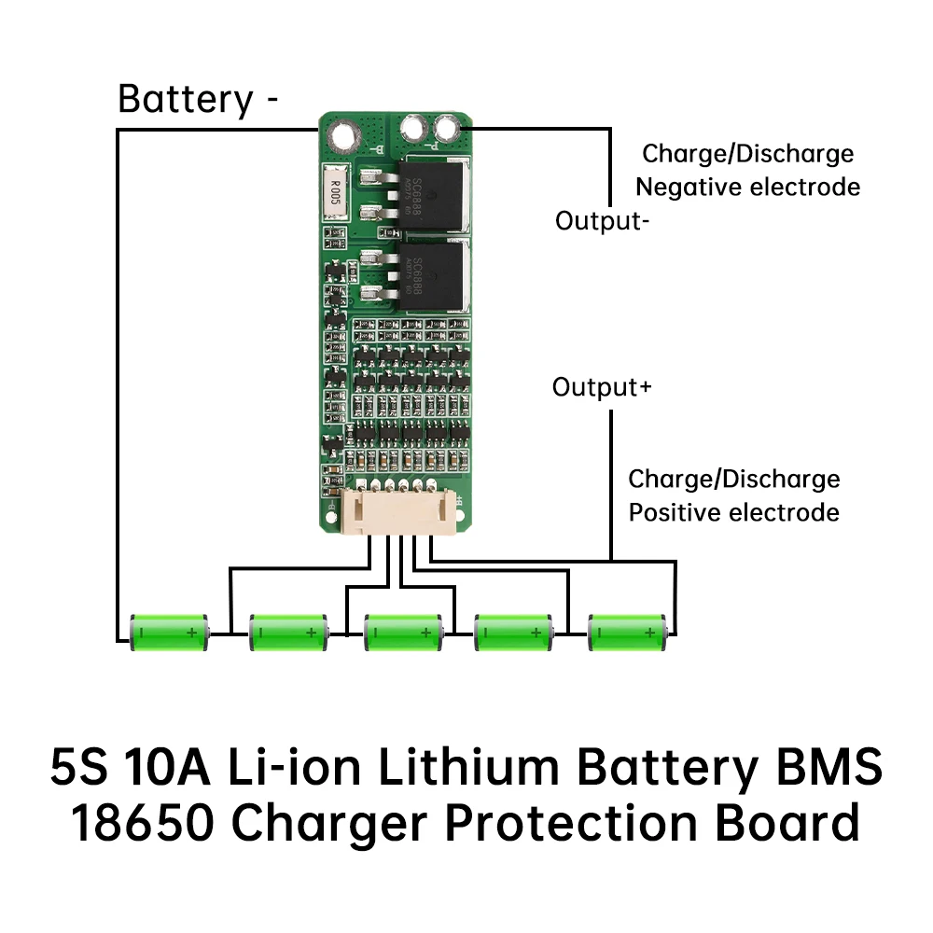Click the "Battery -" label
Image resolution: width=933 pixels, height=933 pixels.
[x=198, y=99]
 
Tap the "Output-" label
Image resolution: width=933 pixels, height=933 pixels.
[x=603, y=221]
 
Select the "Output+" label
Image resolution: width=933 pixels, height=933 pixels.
[x=602, y=387]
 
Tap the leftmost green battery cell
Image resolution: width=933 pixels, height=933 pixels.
[x=168, y=633]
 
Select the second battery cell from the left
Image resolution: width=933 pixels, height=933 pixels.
[x=287, y=633]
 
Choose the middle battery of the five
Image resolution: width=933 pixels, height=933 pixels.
[x=401, y=633]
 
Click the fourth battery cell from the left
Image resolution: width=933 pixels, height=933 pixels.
[x=512, y=633]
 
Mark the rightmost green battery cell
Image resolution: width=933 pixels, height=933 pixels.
[x=627, y=633]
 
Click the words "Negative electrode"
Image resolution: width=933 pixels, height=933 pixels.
[x=747, y=187]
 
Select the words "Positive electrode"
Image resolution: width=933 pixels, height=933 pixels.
[x=733, y=512]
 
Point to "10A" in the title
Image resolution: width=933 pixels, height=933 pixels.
[x=176, y=768]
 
